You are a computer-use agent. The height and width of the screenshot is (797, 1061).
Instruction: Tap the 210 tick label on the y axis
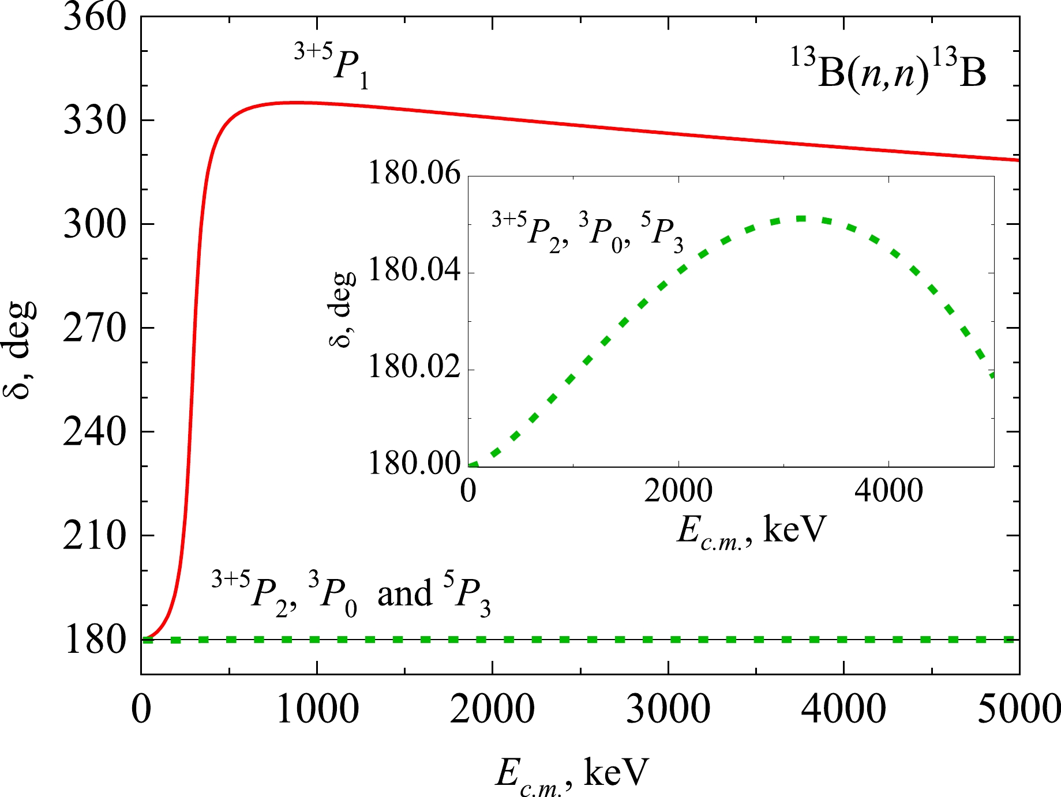click(94, 536)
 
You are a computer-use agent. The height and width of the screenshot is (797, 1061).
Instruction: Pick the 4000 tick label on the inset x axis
click(888, 491)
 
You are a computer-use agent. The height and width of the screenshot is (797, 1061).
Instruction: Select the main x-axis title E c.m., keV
click(571, 773)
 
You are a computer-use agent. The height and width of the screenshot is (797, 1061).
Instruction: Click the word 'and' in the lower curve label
click(404, 594)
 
